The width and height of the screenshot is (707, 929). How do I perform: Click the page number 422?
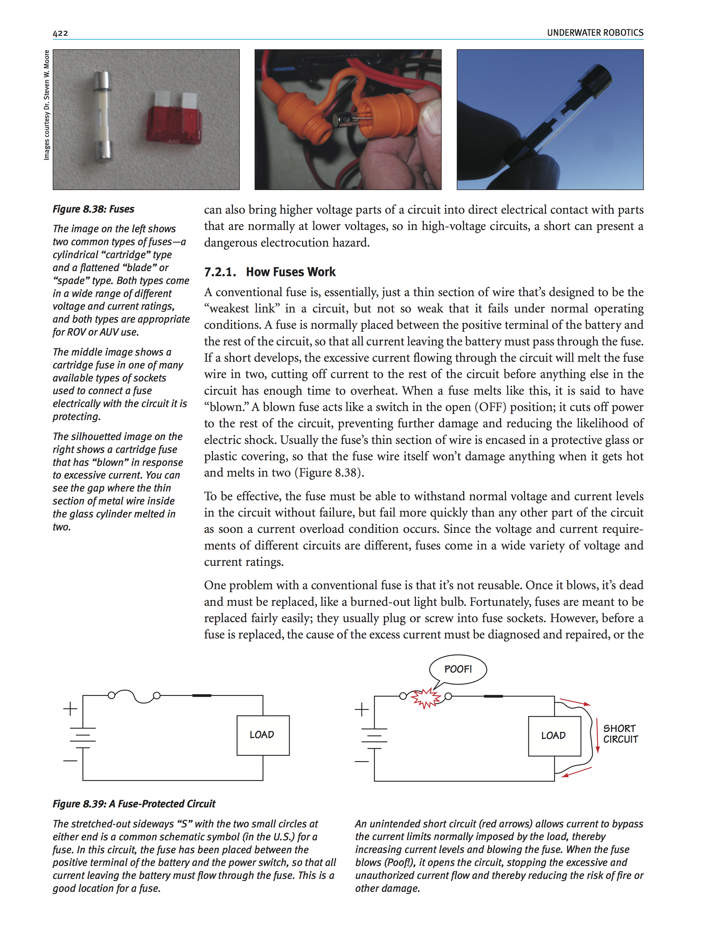coord(60,33)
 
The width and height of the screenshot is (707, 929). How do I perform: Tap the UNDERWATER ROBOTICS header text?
coord(595,33)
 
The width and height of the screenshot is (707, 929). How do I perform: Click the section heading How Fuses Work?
coord(290,272)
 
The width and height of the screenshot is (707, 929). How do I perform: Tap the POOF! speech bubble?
coord(458,669)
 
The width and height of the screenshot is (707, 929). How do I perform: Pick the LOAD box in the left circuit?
coord(263,735)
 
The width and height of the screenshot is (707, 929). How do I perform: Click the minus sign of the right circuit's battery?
coord(361,761)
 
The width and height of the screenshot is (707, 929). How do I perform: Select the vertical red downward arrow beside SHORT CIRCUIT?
coord(597,734)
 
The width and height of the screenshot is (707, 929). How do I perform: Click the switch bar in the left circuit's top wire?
coord(202,695)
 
